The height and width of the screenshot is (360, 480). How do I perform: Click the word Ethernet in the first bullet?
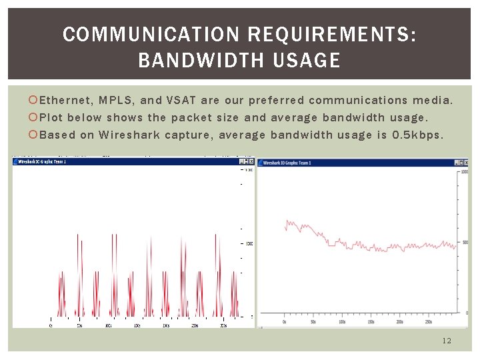[66, 101]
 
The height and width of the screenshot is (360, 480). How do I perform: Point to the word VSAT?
[181, 101]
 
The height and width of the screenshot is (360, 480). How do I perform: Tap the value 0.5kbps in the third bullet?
[418, 135]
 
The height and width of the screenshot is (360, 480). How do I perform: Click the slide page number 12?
[446, 341]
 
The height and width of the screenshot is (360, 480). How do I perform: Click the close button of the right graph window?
[465, 162]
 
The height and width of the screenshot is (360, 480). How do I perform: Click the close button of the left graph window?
[251, 161]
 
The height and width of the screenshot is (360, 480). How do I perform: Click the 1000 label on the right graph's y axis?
[465, 171]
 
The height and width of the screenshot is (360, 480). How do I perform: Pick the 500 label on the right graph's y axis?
[465, 242]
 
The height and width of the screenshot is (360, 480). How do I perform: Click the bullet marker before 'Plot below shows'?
[34, 118]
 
